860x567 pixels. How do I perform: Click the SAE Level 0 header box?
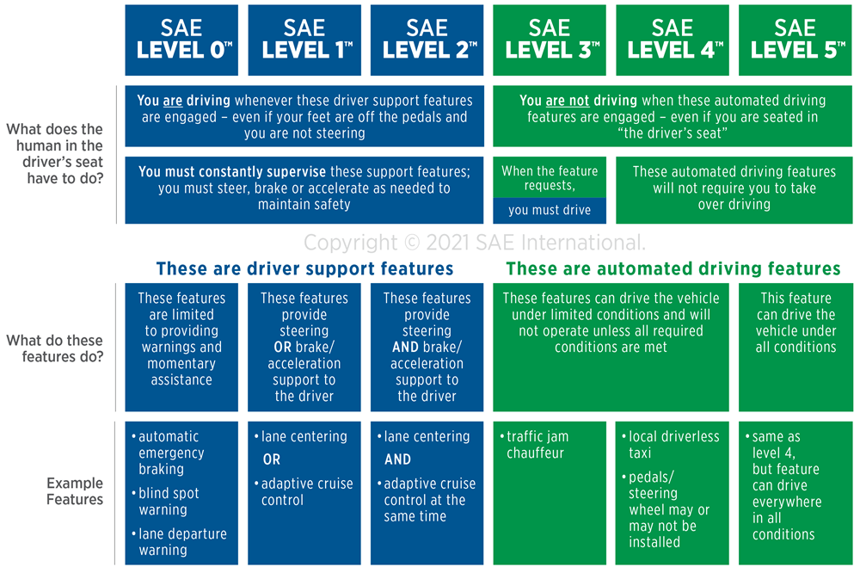[181, 40]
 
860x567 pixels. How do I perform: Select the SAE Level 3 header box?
[550, 40]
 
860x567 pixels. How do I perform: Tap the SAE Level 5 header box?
[795, 40]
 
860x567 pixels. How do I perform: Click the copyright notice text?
[475, 242]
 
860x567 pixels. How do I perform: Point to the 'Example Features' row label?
[75, 491]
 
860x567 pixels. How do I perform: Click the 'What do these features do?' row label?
[55, 348]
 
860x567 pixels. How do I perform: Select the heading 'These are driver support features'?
[305, 268]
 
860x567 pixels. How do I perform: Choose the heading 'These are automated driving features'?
[673, 268]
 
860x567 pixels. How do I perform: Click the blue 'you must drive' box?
[550, 211]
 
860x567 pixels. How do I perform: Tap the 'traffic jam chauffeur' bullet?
[535, 445]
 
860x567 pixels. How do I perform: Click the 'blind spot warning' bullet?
[166, 501]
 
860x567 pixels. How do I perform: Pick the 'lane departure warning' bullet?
[180, 542]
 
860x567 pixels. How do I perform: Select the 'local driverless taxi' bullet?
[671, 445]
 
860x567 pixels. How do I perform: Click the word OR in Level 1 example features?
[272, 459]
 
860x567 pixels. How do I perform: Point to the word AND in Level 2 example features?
[397, 459]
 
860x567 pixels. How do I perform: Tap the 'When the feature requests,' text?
[550, 178]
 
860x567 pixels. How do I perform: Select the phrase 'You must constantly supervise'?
[232, 172]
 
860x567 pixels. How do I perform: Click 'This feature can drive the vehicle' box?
[795, 347]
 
